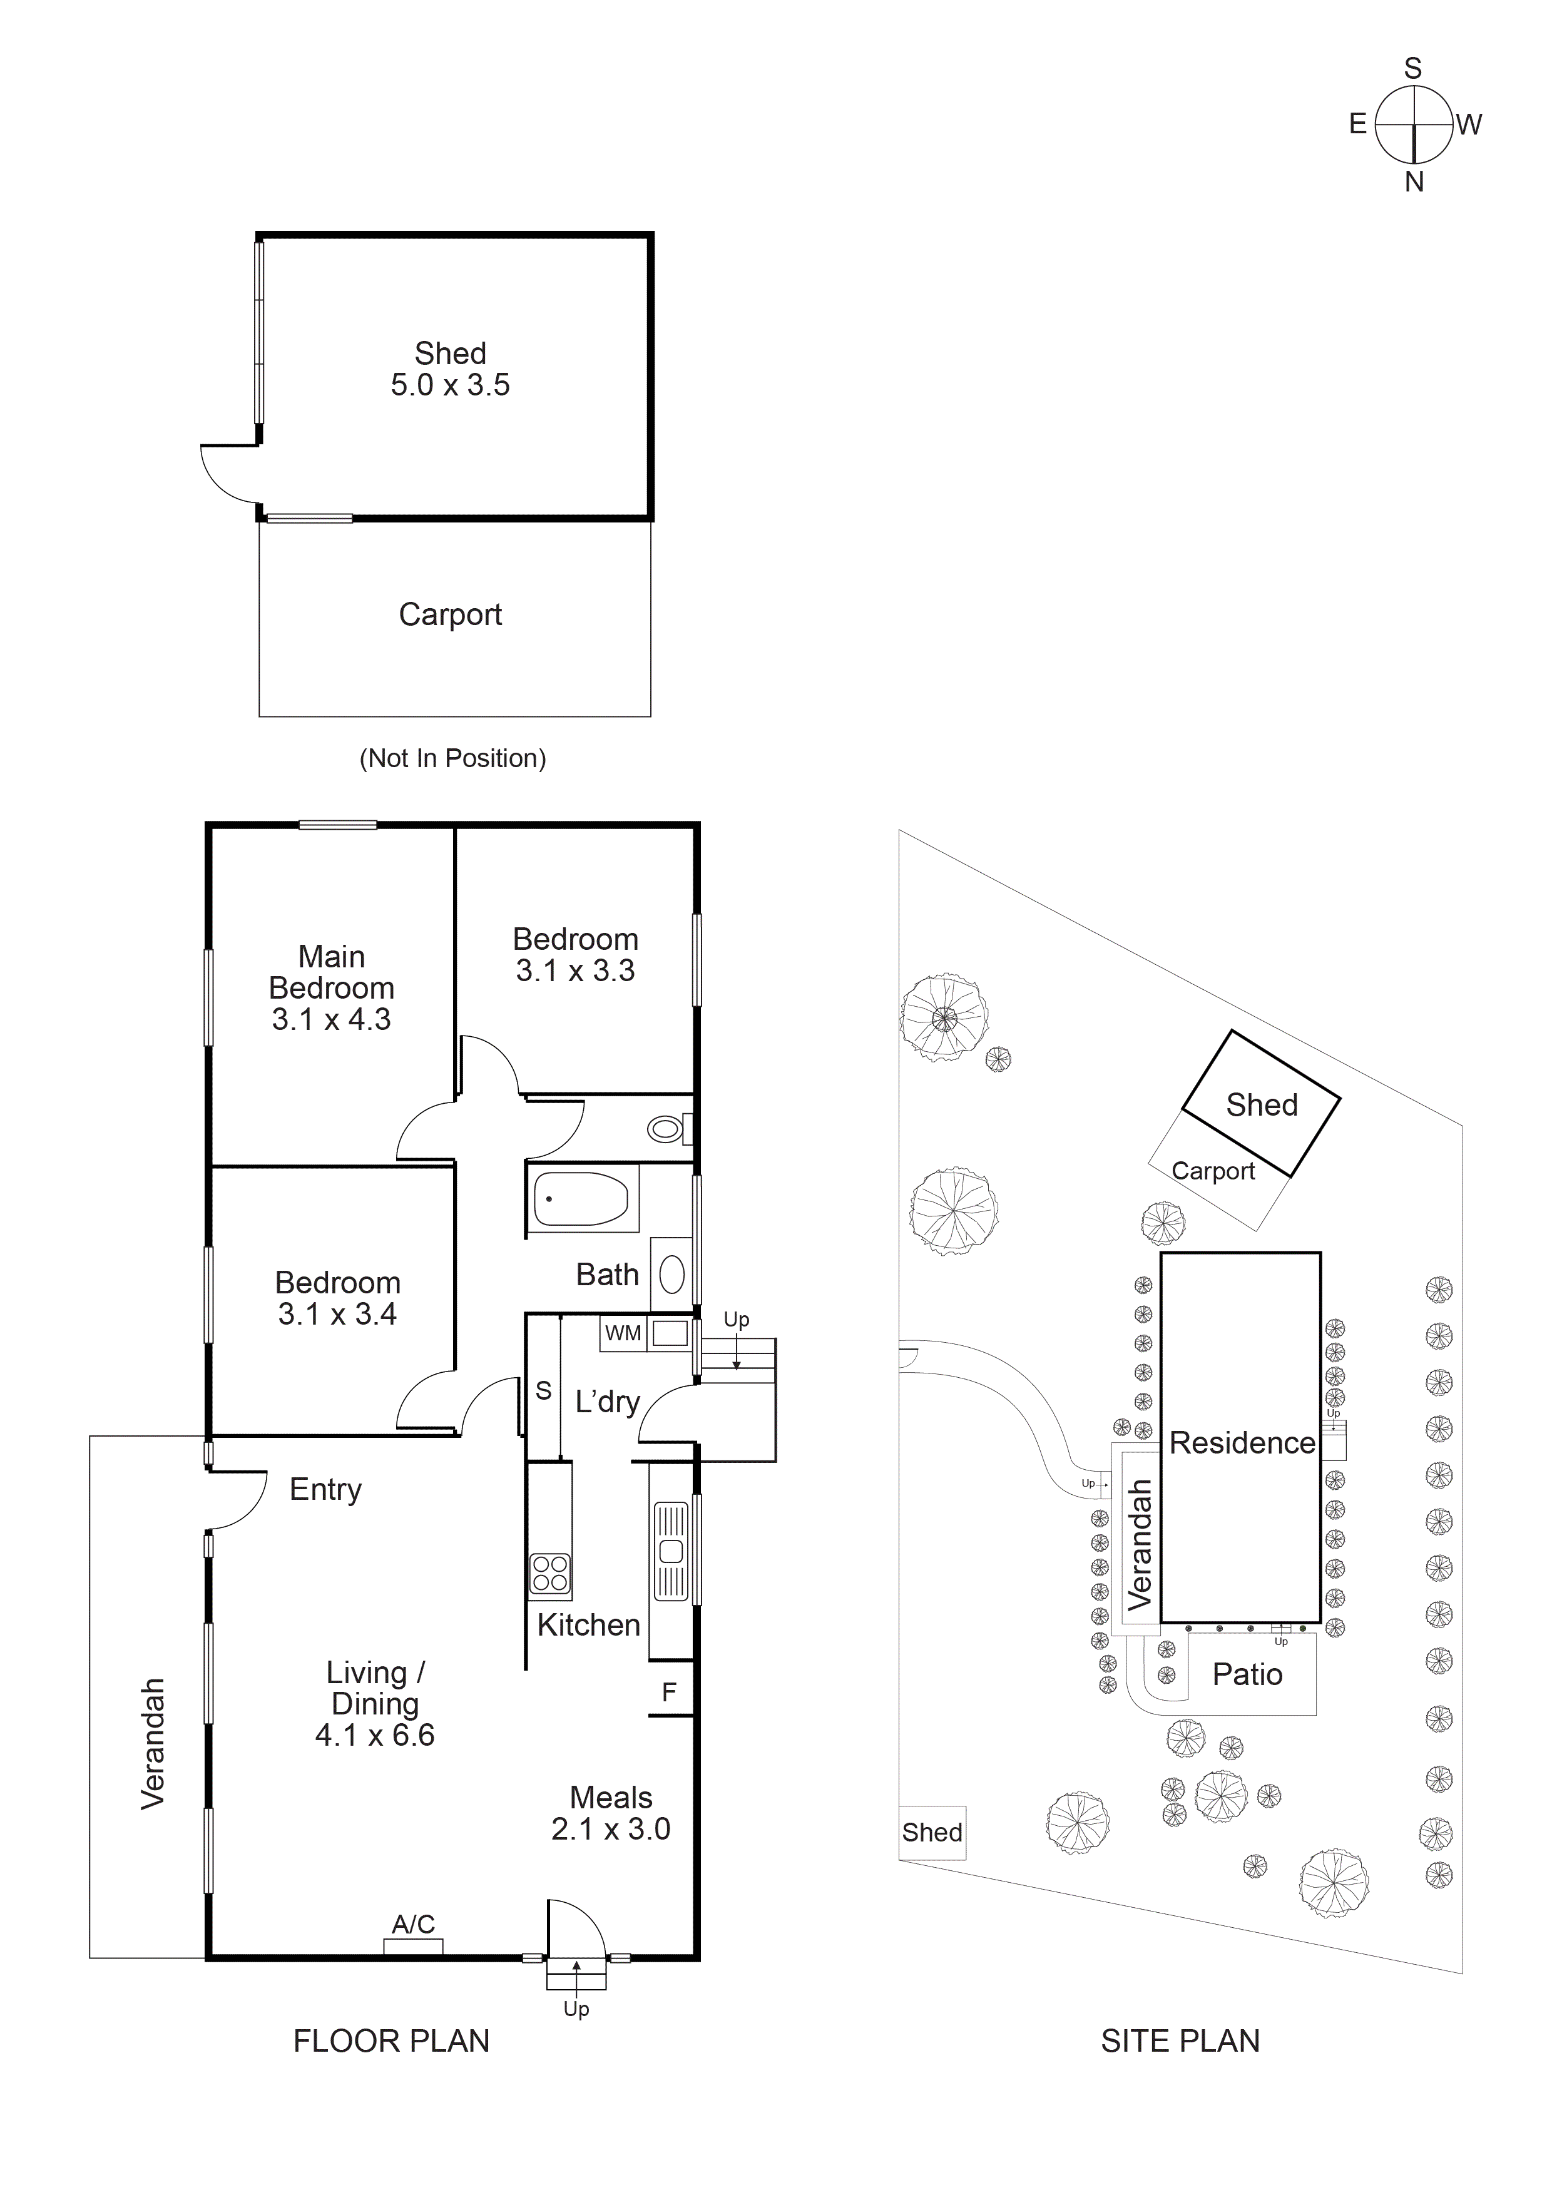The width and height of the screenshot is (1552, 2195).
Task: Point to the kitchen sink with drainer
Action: pyautogui.click(x=670, y=1551)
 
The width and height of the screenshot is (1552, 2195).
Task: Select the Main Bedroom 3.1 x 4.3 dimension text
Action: pyautogui.click(x=331, y=1019)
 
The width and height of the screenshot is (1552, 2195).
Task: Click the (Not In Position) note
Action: pyautogui.click(x=452, y=758)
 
